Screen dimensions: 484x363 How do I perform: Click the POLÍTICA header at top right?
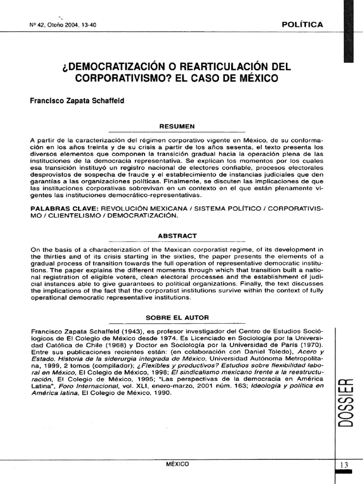302,25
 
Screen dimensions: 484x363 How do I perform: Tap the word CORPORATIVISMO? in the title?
116,77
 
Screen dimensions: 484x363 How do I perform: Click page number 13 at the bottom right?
344,465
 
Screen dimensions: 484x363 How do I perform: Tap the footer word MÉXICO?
177,464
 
